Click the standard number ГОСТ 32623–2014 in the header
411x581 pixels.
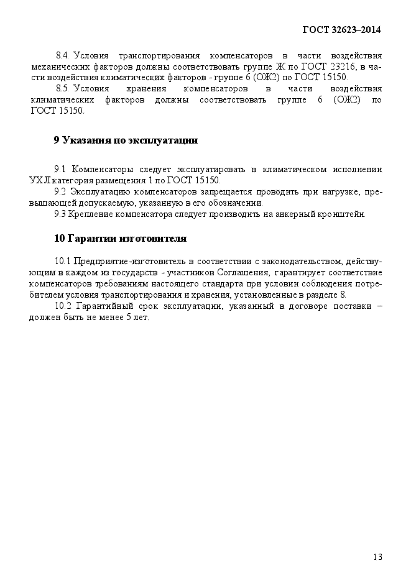click(341, 29)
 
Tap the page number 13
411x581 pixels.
click(377, 556)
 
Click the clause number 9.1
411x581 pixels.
click(60, 169)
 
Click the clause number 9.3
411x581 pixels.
click(60, 214)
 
